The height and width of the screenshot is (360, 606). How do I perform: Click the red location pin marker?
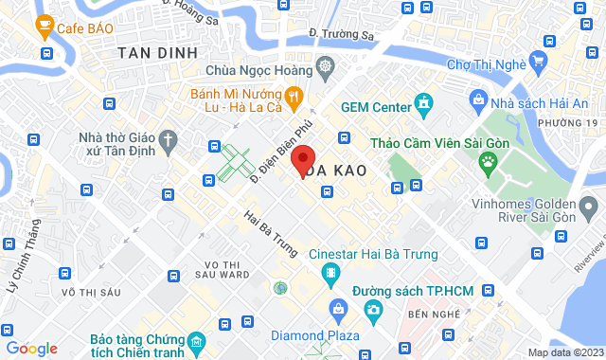(x=302, y=159)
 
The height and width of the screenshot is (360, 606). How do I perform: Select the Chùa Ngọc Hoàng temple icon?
(x=325, y=67)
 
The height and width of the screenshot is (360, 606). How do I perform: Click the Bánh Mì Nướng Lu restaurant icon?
(x=294, y=96)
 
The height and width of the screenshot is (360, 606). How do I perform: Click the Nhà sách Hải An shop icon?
(x=478, y=100)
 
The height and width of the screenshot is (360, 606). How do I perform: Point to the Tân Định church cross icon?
(x=169, y=142)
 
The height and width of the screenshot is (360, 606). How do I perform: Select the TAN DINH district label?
(x=158, y=54)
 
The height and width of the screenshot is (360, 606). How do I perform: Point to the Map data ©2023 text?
(x=564, y=352)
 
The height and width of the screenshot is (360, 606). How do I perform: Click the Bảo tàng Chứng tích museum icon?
(x=195, y=339)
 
